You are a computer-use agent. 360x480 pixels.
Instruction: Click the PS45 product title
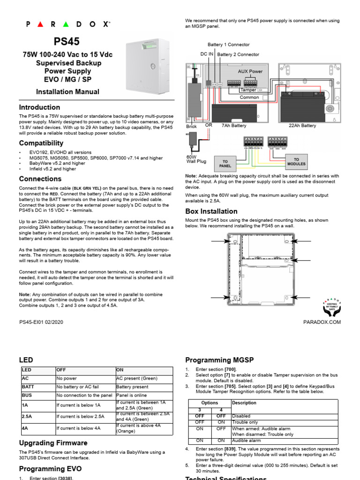pos(67,42)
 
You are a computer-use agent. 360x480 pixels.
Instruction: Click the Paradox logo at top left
pos(67,24)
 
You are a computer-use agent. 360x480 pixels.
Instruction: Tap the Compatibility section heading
pos(41,143)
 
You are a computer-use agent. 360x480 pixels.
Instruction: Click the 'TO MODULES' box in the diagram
pos(296,162)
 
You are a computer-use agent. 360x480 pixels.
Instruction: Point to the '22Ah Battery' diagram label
pos(302,126)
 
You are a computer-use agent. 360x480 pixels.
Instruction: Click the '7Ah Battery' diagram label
pos(233,126)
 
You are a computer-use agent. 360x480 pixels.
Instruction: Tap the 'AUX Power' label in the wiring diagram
pos(250,71)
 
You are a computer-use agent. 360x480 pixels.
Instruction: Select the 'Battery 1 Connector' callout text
pos(229,45)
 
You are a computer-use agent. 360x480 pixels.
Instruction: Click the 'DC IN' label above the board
pos(207,54)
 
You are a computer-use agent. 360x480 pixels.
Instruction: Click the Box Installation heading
pos(211,211)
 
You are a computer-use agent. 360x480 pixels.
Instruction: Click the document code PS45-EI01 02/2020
pos(41,322)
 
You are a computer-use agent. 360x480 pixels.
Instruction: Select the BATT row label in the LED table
pos(28,387)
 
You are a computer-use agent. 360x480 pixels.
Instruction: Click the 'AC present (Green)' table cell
pos(136,378)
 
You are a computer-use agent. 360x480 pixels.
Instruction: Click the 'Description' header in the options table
pos(244,403)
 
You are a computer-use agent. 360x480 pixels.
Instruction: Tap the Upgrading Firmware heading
pos(53,442)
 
